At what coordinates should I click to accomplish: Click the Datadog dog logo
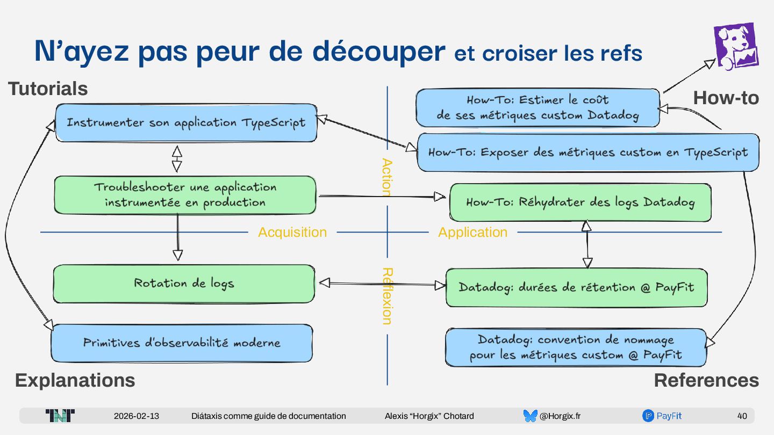tap(736, 47)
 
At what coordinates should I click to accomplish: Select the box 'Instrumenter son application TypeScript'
tap(186, 123)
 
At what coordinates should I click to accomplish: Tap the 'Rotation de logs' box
tap(184, 283)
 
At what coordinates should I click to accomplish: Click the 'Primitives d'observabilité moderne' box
tap(182, 343)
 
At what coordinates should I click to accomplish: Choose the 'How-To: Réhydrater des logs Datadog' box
tap(580, 202)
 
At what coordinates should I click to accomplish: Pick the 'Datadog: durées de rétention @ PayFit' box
tap(576, 287)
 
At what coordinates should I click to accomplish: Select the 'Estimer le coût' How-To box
tap(537, 107)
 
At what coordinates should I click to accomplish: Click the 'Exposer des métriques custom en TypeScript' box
tap(588, 153)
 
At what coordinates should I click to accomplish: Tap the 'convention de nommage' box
tap(576, 347)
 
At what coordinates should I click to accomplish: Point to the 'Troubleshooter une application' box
tap(185, 194)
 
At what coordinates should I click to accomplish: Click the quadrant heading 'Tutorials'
tap(48, 89)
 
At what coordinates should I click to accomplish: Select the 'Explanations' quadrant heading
tap(75, 380)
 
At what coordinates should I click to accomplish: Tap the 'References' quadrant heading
tap(706, 380)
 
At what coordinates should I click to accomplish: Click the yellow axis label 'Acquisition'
tap(292, 232)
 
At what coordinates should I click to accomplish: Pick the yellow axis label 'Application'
tap(472, 232)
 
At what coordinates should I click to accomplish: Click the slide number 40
tap(742, 416)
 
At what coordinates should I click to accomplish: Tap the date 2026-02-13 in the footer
tap(137, 416)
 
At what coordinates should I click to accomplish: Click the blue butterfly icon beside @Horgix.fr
tap(530, 416)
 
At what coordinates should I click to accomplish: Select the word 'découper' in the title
tap(378, 52)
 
